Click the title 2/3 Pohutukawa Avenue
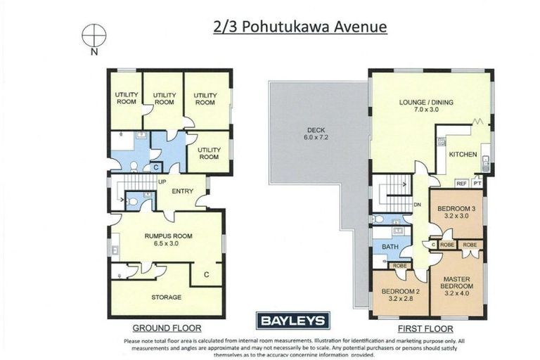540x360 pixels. click(x=300, y=27)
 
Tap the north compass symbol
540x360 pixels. click(x=94, y=34)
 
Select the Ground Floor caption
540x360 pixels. click(x=167, y=328)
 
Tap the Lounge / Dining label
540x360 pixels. click(x=426, y=106)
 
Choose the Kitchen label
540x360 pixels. click(x=463, y=155)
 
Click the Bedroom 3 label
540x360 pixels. click(x=456, y=212)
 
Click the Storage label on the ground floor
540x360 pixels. click(x=167, y=297)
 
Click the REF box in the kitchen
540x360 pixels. click(x=462, y=183)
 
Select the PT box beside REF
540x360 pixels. click(x=477, y=183)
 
